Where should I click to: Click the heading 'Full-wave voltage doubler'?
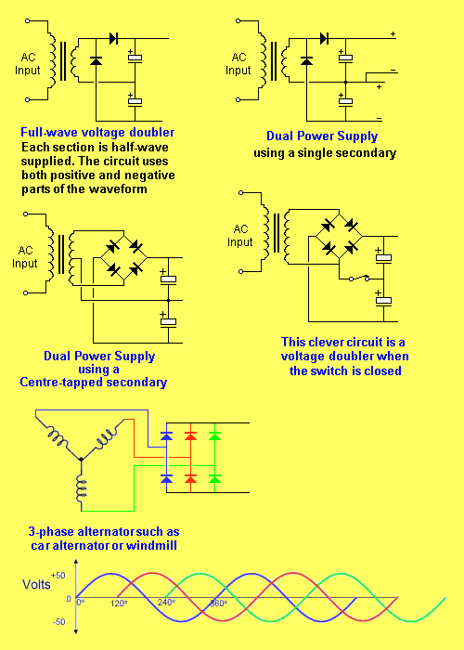click(97, 132)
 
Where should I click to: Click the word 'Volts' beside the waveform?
click(36, 584)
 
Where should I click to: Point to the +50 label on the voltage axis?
click(58, 576)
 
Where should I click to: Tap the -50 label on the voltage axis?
click(58, 622)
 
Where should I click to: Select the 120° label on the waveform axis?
click(119, 604)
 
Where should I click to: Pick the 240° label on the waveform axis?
click(166, 603)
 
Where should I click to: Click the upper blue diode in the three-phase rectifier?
click(166, 435)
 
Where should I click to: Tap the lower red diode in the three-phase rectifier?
click(190, 479)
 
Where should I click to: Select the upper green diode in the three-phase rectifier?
click(214, 435)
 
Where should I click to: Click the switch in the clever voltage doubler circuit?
click(359, 278)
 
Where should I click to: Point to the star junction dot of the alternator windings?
click(82, 460)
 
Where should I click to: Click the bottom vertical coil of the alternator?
click(82, 487)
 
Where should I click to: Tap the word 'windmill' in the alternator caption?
click(151, 546)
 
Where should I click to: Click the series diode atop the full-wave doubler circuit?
click(113, 39)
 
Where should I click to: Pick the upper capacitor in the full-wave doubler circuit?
click(135, 57)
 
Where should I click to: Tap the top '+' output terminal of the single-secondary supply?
click(393, 34)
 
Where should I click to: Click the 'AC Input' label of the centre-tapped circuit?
click(25, 257)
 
